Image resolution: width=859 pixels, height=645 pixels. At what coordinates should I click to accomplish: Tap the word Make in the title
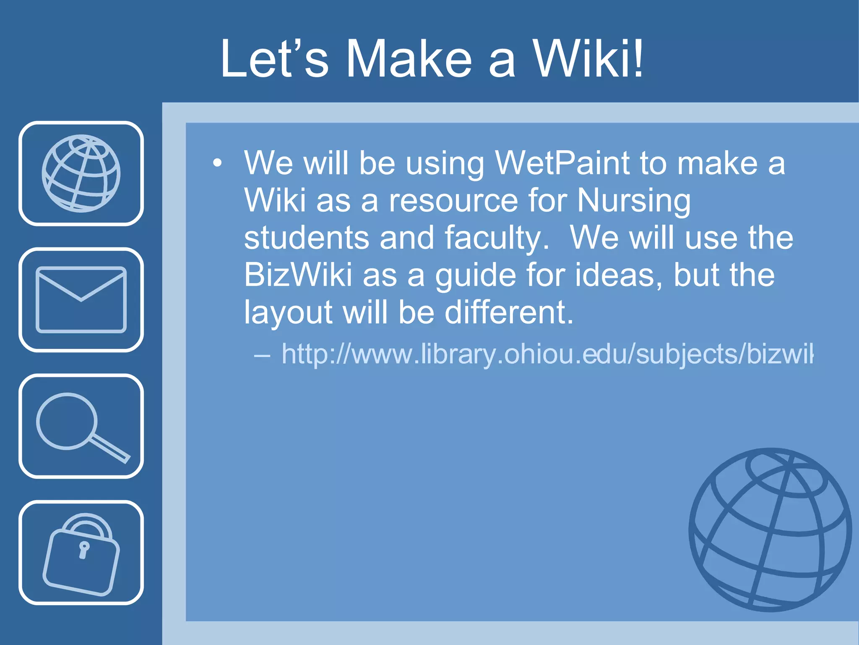pyautogui.click(x=409, y=59)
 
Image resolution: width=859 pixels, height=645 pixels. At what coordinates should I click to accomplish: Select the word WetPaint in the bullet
pyautogui.click(x=562, y=163)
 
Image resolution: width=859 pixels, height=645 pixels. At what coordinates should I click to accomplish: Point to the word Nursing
pyautogui.click(x=633, y=201)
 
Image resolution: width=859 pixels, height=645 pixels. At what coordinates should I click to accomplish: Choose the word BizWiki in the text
pyautogui.click(x=298, y=275)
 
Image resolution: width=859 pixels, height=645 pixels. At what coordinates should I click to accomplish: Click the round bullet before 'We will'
pyautogui.click(x=217, y=163)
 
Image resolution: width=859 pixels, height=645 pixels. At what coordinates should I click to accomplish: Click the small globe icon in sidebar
pyautogui.click(x=81, y=173)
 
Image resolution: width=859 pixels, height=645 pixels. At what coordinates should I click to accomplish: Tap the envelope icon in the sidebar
pyautogui.click(x=81, y=299)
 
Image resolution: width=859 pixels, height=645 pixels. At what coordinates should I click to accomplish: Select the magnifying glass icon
pyautogui.click(x=81, y=426)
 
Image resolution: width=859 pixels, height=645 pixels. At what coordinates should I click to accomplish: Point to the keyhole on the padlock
pyautogui.click(x=84, y=550)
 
